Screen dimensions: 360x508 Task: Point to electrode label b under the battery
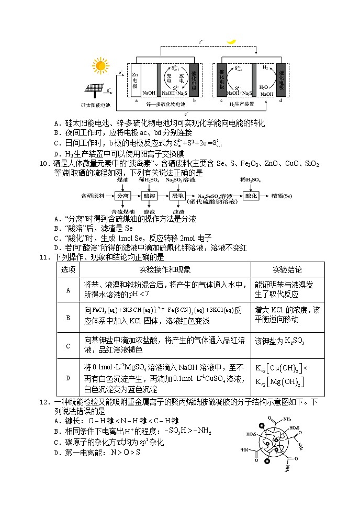coord(195,100)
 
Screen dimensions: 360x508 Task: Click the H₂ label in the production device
coord(265,68)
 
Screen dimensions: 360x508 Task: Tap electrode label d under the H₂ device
coord(280,100)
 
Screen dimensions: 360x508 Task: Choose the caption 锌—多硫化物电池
coord(166,105)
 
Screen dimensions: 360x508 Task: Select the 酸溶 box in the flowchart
coord(149,195)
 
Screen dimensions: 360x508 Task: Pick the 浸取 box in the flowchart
coord(177,195)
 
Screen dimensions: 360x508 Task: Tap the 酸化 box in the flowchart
coord(251,195)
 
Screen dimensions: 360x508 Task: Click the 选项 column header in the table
coord(68,269)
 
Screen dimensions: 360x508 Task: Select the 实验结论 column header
coord(287,269)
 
